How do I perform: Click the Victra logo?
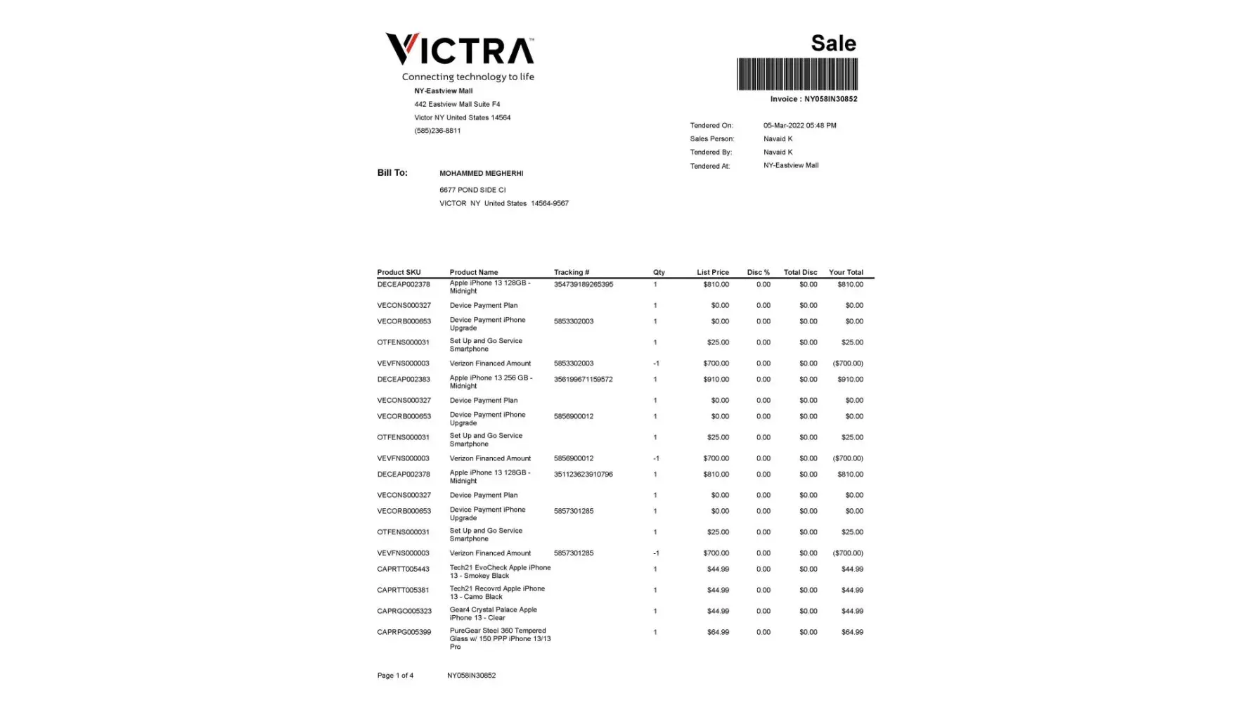[460, 50]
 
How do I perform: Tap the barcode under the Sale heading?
[797, 74]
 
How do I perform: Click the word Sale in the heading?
[833, 43]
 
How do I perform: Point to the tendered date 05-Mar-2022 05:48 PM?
[799, 126]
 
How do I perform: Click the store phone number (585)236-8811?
[437, 131]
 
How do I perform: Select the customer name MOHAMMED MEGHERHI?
[481, 174]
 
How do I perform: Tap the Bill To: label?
[392, 173]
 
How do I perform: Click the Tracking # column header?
[571, 272]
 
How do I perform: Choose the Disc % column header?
[758, 272]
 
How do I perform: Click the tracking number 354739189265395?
[583, 285]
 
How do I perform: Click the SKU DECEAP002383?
[404, 380]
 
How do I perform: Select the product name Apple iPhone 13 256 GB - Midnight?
[491, 382]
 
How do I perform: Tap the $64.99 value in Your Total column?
[852, 633]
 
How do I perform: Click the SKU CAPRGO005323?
[404, 612]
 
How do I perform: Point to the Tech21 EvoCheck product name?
[500, 572]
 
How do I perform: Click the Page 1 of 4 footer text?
[395, 676]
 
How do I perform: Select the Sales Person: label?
[711, 139]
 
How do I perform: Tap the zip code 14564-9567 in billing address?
[549, 204]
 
